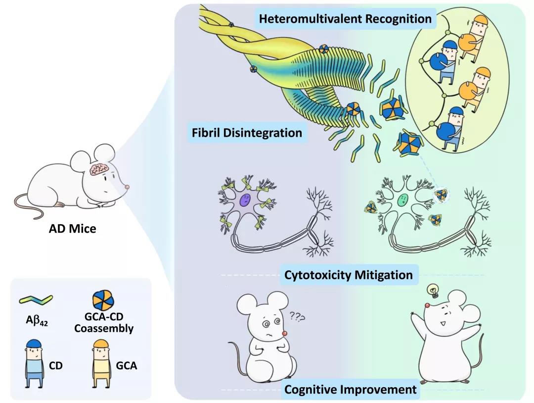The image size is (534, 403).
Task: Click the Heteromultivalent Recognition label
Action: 345,19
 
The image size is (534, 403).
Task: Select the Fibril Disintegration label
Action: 247,133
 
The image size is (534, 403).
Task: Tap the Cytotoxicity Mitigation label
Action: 349,274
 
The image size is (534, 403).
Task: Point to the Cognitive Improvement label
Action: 351,389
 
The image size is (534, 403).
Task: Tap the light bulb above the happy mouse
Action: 433,290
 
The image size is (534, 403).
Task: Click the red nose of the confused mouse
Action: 285,333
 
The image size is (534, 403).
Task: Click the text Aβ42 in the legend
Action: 36,319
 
